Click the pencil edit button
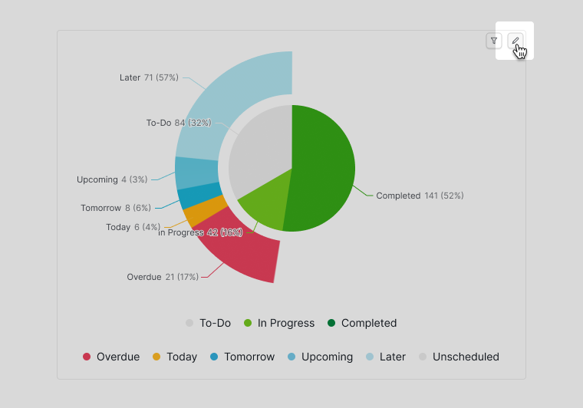pyautogui.click(x=516, y=41)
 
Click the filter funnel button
pyautogui.click(x=494, y=41)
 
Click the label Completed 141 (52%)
pyautogui.click(x=420, y=196)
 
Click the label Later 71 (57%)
pyautogui.click(x=149, y=77)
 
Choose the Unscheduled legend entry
pyautogui.click(x=459, y=357)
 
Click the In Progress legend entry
pyautogui.click(x=279, y=323)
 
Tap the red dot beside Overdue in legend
pyautogui.click(x=87, y=357)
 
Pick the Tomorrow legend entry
pyautogui.click(x=242, y=357)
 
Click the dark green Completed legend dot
pyautogui.click(x=331, y=323)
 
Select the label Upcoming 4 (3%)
pyautogui.click(x=112, y=179)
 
